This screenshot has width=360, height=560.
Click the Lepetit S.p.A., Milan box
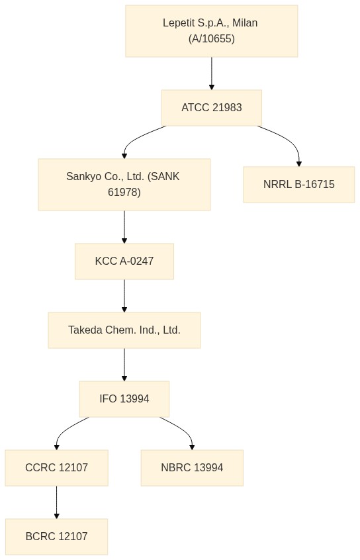point(211,31)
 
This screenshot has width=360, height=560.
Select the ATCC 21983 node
point(211,107)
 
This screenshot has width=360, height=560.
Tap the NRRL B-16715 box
point(299,184)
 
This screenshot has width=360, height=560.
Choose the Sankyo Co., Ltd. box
point(124,184)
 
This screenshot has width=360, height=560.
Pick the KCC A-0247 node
point(124,261)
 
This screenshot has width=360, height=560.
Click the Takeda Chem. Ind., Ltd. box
point(124,330)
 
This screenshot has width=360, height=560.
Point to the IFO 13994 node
point(124,398)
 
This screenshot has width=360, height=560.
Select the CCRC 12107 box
point(56,467)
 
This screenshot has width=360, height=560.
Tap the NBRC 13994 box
point(192,467)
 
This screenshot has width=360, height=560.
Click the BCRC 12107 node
point(56,536)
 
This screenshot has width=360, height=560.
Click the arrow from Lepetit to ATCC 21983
point(211,73)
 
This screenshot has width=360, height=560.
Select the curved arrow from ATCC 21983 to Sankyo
point(135,138)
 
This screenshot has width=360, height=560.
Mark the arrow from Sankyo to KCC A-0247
point(124,227)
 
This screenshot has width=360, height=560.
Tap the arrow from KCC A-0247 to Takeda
point(124,296)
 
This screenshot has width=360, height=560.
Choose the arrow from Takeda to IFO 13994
point(124,365)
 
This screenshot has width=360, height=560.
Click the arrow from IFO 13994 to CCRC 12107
point(66,428)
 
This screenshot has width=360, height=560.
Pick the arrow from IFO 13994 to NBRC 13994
point(182,428)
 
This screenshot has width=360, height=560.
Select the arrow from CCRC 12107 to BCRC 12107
point(56,502)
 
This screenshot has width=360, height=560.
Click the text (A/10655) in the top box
point(211,38)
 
